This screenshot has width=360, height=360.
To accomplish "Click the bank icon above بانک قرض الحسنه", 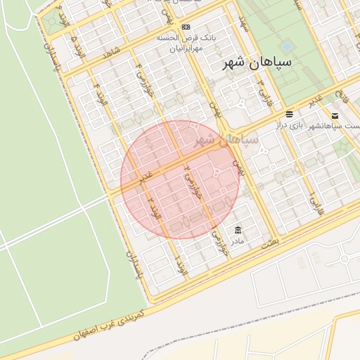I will [x=186, y=27].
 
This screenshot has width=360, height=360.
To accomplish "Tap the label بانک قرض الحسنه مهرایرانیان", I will [x=185, y=44].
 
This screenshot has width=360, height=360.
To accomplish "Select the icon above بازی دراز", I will [x=289, y=114].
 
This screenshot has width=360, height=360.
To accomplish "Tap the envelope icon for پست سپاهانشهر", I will [x=335, y=115].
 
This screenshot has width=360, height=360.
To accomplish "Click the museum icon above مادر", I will [x=237, y=230].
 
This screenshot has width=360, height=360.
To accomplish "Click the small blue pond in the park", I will [x=285, y=47].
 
